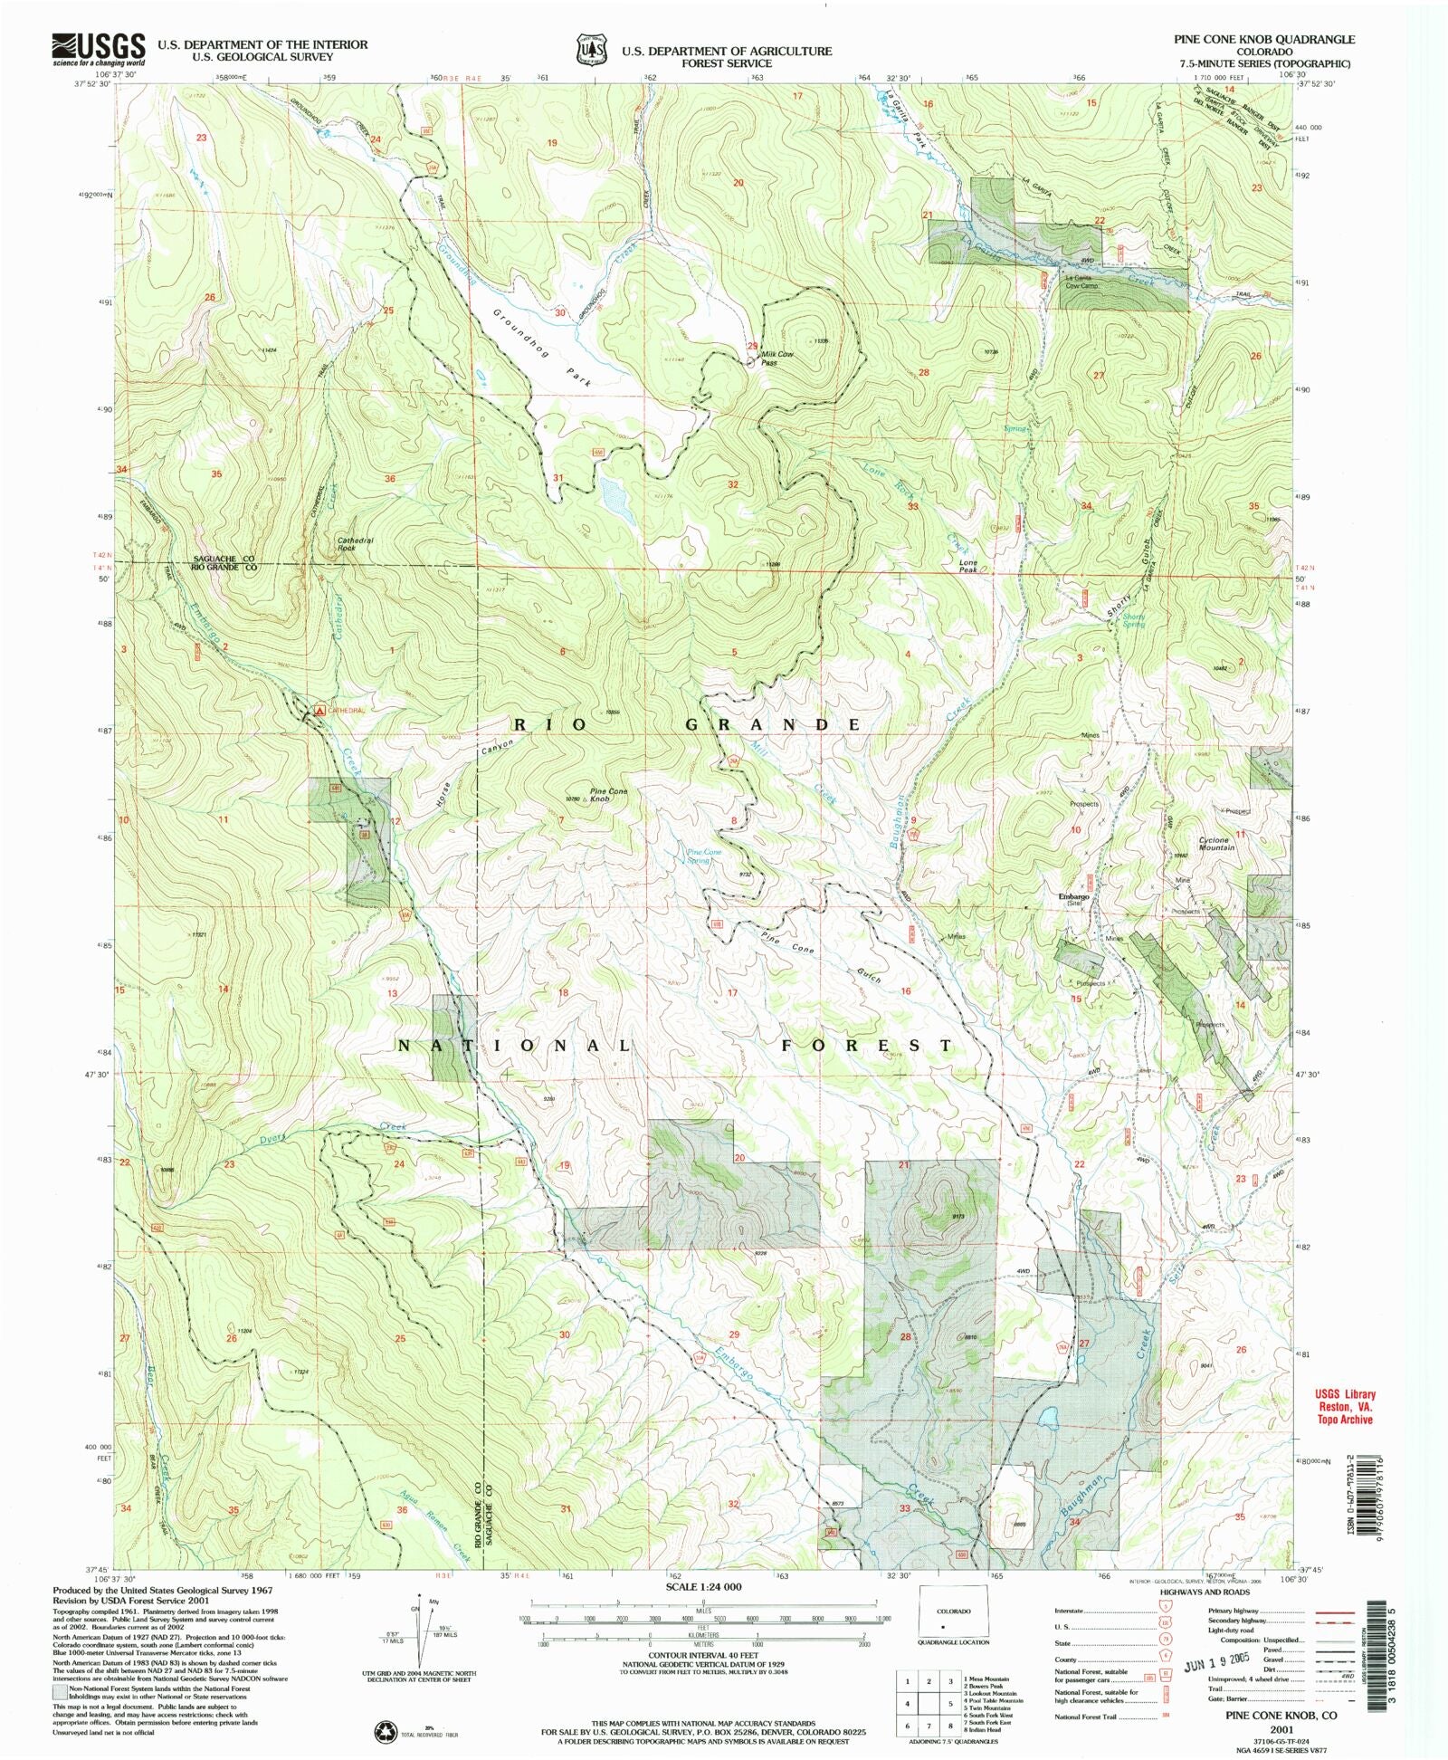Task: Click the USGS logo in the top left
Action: click(99, 49)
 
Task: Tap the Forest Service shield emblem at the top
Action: click(593, 50)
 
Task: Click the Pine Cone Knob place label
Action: click(608, 795)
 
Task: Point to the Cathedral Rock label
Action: click(355, 543)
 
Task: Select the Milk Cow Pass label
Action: click(776, 358)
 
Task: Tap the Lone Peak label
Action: click(968, 566)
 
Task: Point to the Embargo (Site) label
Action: click(1073, 899)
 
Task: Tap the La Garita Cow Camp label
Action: click(1081, 282)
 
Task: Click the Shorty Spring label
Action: click(1133, 620)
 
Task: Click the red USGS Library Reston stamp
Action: click(1345, 1407)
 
